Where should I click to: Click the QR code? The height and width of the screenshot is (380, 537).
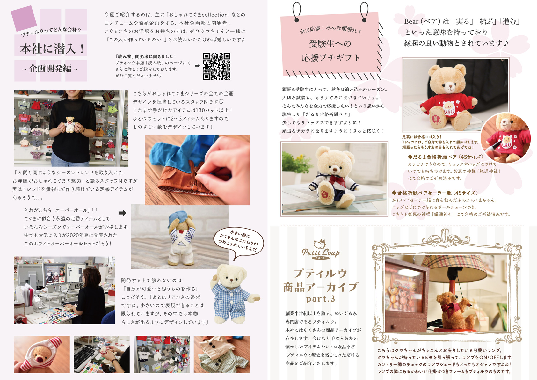tap(216, 66)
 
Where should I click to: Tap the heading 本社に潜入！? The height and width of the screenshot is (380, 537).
tap(52, 49)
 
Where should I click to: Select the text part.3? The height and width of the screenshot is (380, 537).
tap(321, 299)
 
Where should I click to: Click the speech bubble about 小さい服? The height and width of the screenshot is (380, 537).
tap(238, 242)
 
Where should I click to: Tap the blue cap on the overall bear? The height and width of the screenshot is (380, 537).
tap(176, 218)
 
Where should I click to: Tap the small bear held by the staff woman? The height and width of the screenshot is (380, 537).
tap(70, 124)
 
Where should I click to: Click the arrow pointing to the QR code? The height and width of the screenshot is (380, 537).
tap(197, 66)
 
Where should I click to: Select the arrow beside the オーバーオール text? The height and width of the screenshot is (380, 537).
tap(122, 213)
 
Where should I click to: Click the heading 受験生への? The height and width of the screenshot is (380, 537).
tap(330, 44)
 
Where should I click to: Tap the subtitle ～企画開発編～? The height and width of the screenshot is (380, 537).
tap(50, 69)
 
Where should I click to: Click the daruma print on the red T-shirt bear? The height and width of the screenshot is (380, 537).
tap(448, 108)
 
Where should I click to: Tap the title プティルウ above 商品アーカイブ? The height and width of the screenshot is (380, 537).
tap(321, 273)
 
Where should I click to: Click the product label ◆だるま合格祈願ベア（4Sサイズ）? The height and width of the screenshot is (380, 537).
tap(446, 157)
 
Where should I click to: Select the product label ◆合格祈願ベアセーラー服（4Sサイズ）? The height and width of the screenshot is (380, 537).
tap(435, 193)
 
